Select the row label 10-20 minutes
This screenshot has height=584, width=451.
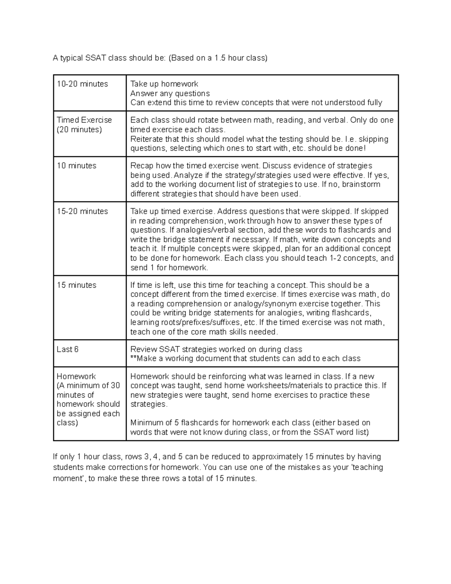tap(82, 84)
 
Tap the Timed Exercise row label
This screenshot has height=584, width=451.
tap(84, 120)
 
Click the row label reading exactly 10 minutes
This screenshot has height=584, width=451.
tap(76, 166)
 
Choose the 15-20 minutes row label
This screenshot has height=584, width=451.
tap(82, 211)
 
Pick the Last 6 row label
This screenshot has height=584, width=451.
tap(68, 349)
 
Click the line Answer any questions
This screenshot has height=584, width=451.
tap(170, 93)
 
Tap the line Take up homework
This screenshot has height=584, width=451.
tap(164, 84)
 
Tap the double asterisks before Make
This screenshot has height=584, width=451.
tap(133, 359)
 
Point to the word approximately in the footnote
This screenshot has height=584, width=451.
tap(273, 457)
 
